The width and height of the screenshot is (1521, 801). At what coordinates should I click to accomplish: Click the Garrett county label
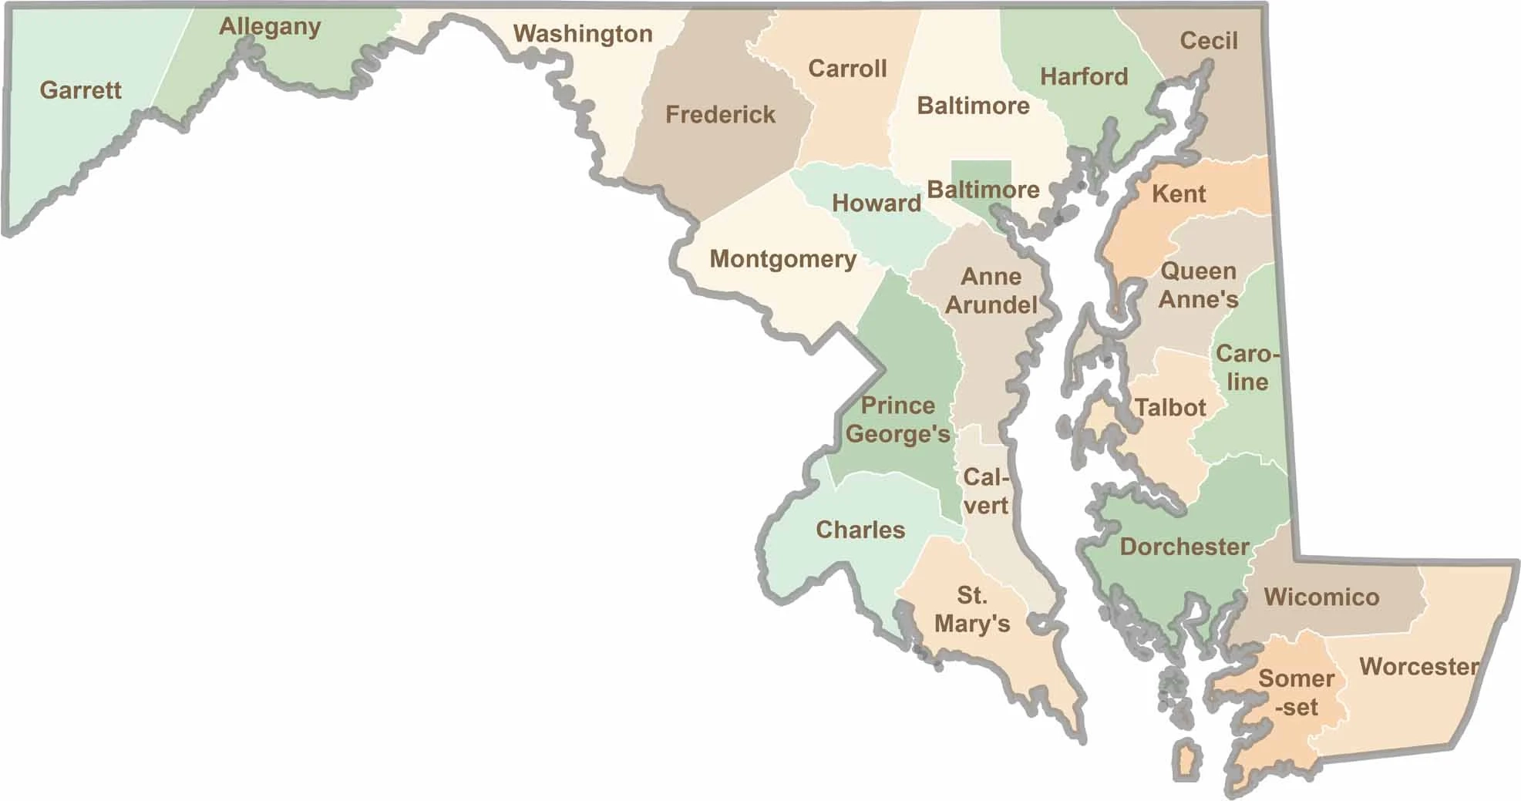80,90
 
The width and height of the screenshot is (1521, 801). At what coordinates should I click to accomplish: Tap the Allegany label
270,27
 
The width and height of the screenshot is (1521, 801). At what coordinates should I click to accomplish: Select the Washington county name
583,34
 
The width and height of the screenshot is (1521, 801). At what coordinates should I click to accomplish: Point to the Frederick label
720,115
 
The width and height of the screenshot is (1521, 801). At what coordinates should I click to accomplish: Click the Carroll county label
847,69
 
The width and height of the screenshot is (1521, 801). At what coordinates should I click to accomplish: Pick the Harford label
1084,76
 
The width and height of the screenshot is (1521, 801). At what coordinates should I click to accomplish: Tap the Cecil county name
1208,41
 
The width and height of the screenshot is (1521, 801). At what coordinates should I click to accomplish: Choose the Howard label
877,203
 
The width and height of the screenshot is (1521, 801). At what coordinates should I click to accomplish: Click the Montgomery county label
782,259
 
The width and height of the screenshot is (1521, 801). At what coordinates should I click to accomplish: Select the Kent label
1179,194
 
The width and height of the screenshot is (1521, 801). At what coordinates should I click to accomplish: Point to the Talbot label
1170,407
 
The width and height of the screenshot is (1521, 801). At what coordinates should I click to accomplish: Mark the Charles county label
860,530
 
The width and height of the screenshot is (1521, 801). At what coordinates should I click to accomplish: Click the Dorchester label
1184,547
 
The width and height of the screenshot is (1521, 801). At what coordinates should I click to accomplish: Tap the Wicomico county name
1321,597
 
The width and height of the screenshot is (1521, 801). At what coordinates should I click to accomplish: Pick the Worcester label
1418,666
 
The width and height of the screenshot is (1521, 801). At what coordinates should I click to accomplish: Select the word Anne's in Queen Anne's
1198,299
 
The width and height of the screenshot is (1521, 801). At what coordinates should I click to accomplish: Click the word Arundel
991,305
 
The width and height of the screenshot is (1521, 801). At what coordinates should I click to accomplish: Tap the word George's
898,434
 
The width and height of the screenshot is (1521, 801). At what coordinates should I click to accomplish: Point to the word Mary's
972,623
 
